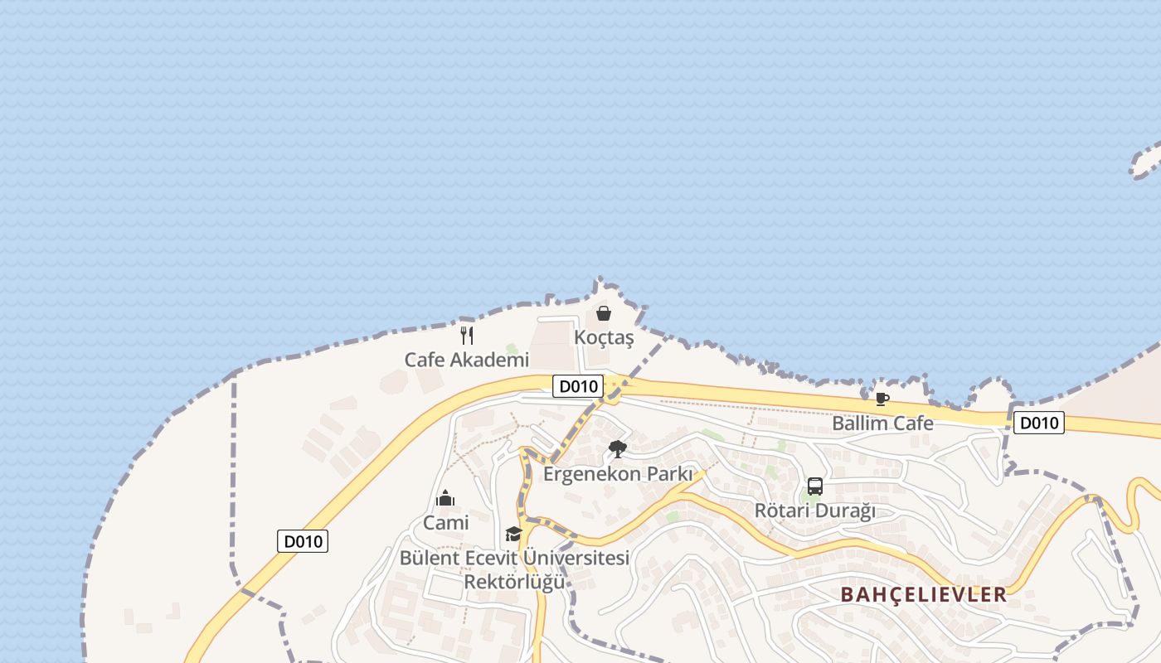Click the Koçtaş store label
[x=604, y=338]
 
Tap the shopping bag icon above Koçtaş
[x=604, y=314]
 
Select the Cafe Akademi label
[x=466, y=360]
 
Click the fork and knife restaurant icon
[x=467, y=336]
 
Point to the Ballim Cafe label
[x=882, y=423]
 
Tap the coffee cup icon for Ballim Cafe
[x=882, y=399]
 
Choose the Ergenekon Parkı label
[x=617, y=474]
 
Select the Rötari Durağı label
[x=814, y=511]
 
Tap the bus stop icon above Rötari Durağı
[x=814, y=486]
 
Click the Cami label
[x=446, y=523]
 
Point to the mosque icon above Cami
[x=445, y=499]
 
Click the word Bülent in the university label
[x=430, y=558]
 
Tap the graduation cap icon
[x=513, y=534]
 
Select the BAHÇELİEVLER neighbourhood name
[x=924, y=594]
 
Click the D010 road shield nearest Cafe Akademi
[x=578, y=385]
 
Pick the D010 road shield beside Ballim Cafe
[x=1038, y=423]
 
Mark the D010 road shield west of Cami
[x=303, y=541]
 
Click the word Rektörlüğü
[x=514, y=581]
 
